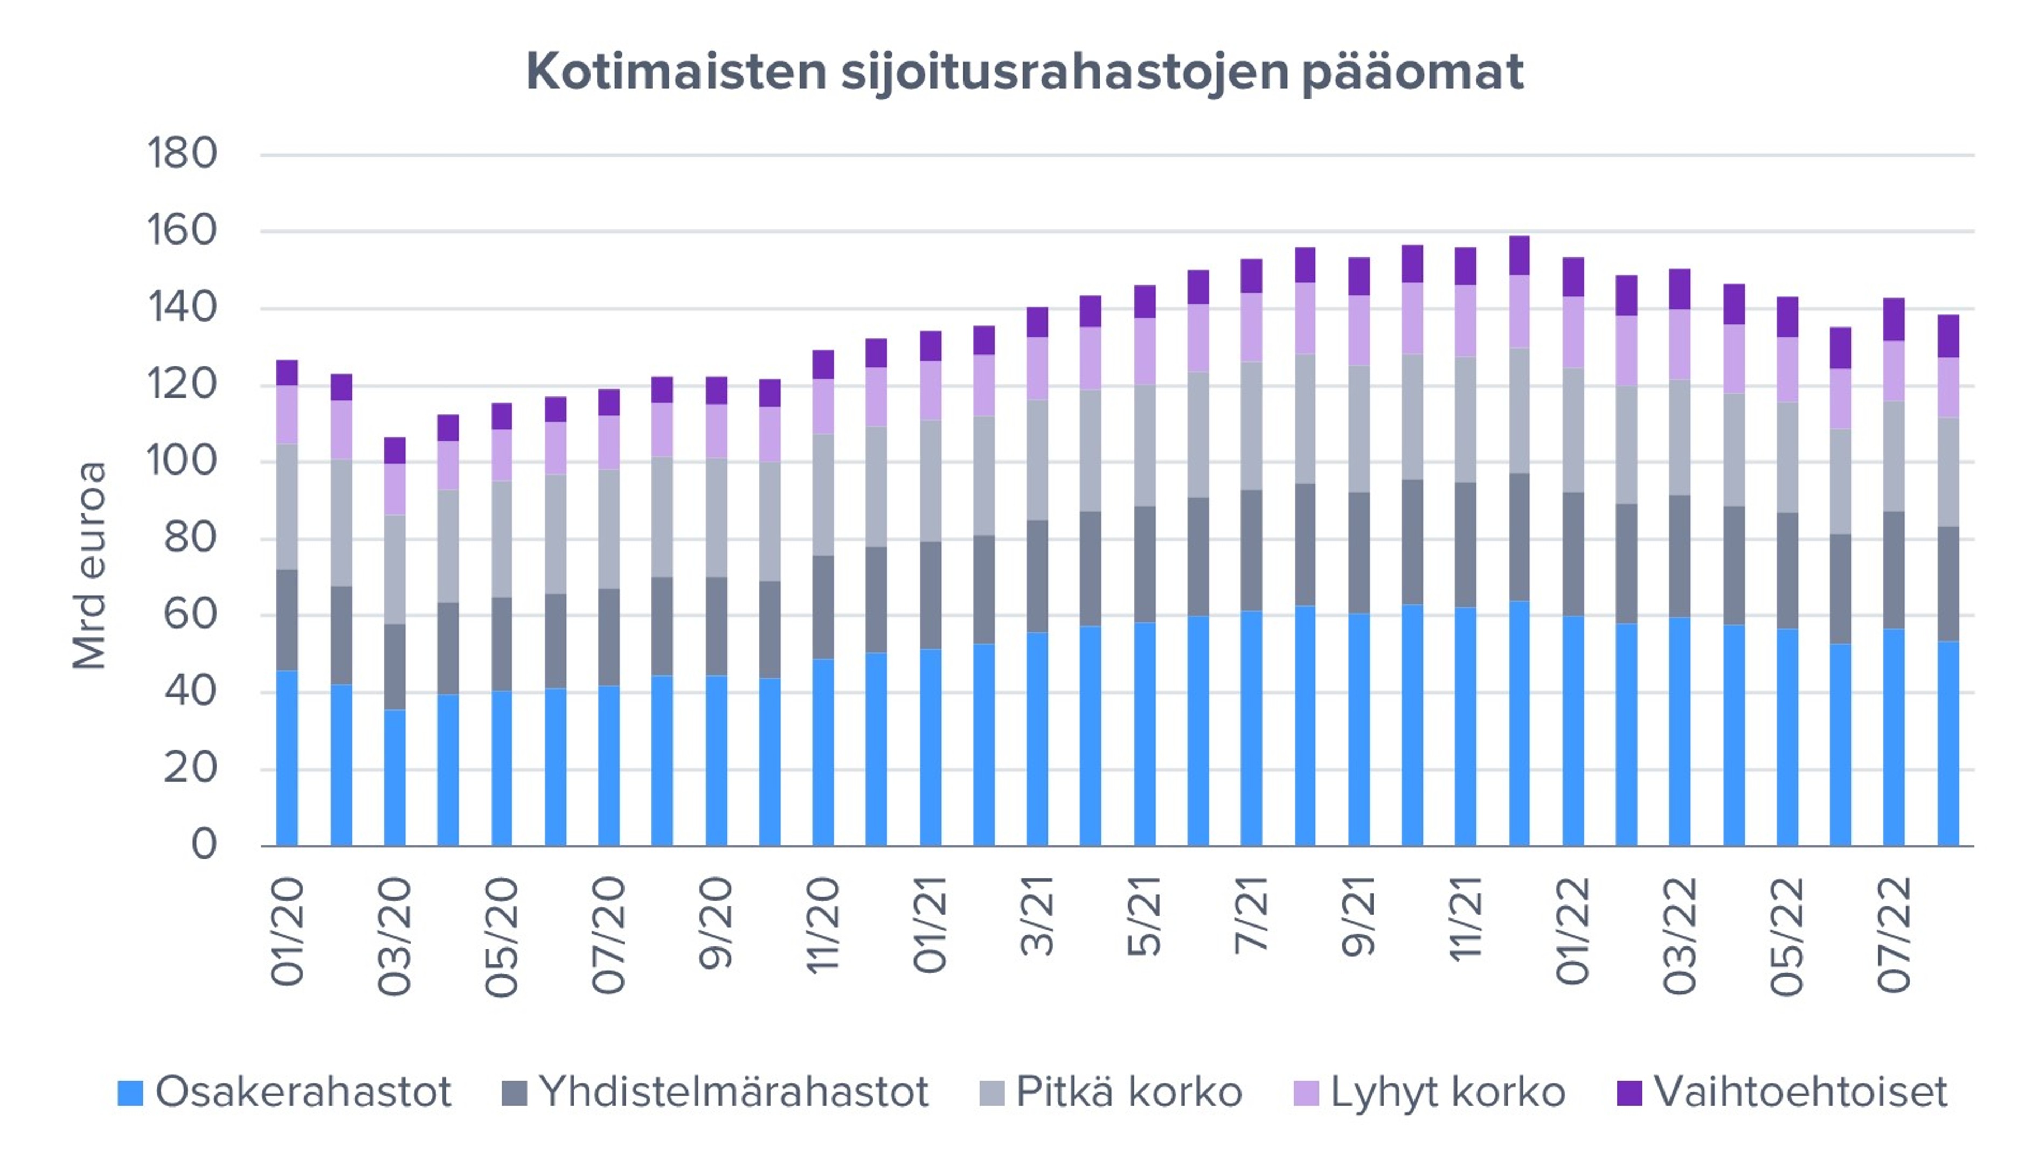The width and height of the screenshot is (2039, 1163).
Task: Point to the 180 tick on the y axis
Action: [182, 154]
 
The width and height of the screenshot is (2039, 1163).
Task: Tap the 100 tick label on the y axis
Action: [182, 461]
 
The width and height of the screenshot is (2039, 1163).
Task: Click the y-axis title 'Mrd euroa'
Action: [89, 566]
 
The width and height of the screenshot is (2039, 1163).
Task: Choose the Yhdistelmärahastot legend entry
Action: [715, 1092]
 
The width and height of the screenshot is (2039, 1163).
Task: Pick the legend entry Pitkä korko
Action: [1111, 1092]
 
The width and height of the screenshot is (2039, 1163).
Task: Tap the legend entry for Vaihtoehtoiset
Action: [1782, 1092]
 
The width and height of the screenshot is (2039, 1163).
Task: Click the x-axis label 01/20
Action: [288, 930]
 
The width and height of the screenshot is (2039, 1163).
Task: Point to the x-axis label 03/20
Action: [394, 936]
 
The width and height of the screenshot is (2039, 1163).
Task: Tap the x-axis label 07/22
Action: [1894, 935]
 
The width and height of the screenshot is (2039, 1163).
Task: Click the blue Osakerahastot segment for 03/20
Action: [394, 777]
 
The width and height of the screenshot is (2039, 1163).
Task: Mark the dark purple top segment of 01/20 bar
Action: [288, 373]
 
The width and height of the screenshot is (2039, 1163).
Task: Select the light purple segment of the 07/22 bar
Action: [1894, 371]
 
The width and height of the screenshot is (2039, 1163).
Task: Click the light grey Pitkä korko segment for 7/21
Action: [1251, 426]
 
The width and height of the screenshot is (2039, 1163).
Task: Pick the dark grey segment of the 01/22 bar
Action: [1572, 554]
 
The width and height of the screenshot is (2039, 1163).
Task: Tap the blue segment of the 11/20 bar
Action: [823, 751]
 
